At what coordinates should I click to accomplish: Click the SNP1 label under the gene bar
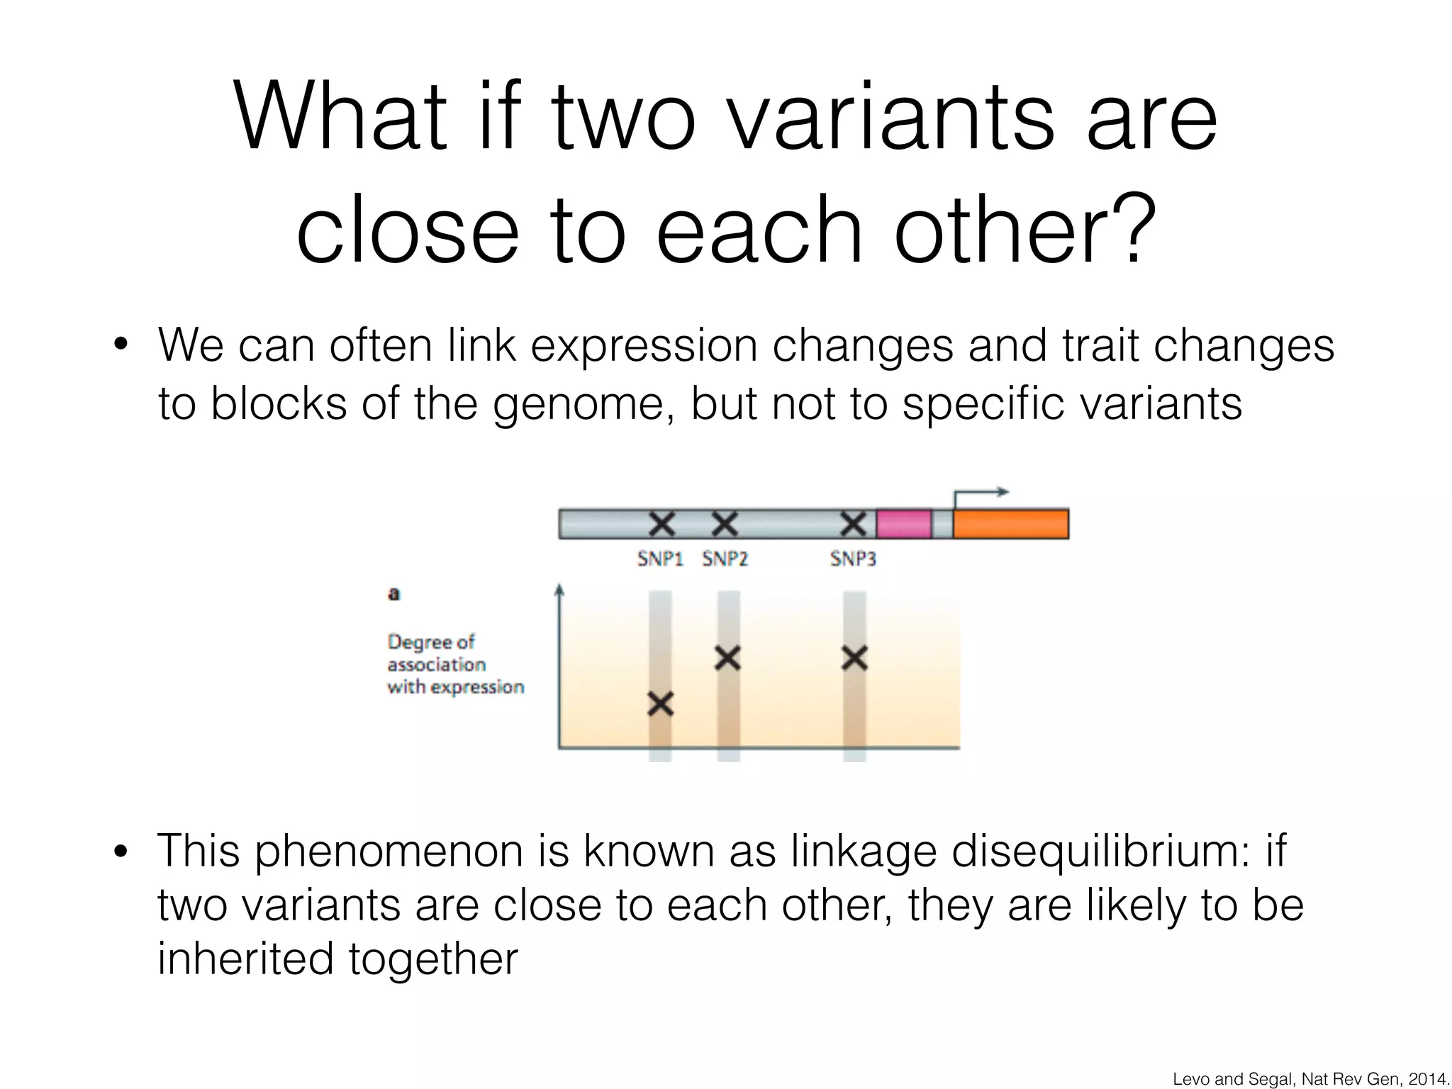pos(660,559)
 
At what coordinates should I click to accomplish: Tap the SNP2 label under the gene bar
pos(725,559)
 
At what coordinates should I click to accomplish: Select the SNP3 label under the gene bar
pos(853,559)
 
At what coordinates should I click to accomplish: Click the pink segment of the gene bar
pos(904,524)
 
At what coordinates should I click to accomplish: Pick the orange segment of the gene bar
pos(1011,524)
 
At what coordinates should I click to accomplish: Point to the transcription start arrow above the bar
pos(981,493)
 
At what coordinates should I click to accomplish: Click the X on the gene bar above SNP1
pos(661,524)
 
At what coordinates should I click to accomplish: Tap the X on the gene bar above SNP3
pos(853,524)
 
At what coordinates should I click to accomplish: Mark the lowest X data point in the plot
pos(660,704)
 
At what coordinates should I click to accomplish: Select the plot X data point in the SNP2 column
pos(727,658)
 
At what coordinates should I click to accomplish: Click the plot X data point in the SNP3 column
pos(854,658)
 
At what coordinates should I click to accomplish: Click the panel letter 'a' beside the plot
pos(394,594)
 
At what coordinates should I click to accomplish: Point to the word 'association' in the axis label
pos(437,665)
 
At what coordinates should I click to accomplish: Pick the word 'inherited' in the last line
pos(245,959)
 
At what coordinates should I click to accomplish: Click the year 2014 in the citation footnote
pos(1426,1079)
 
